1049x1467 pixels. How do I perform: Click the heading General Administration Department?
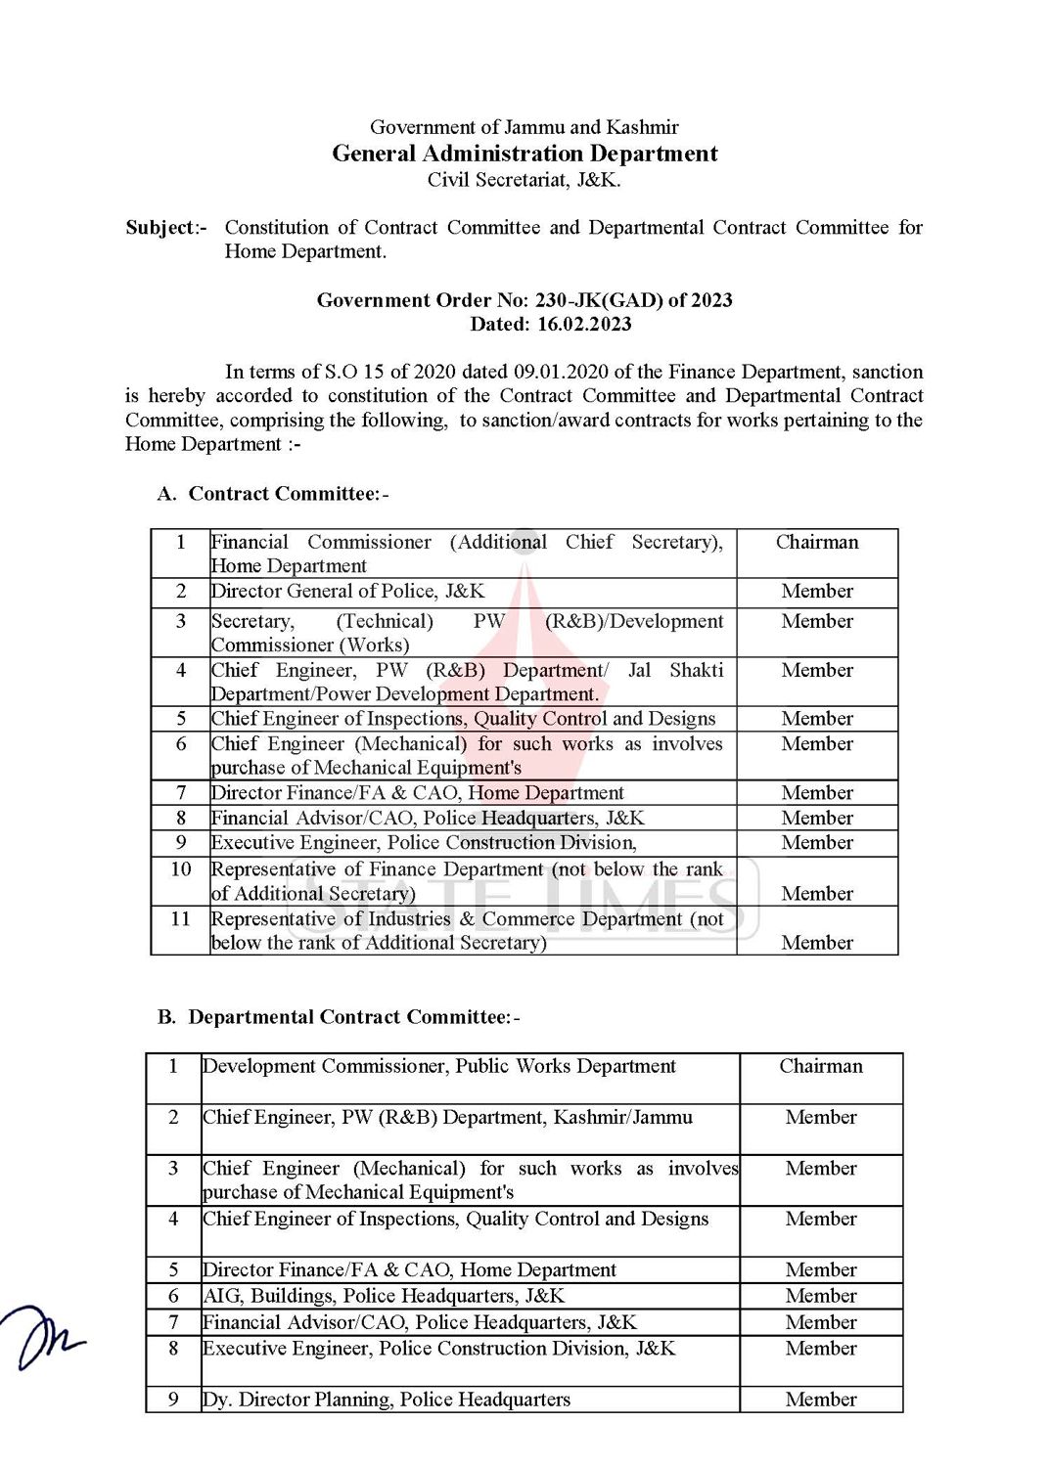pos(524,154)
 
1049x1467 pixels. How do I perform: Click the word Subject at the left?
pos(160,228)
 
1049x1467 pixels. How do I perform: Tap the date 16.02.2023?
pos(584,325)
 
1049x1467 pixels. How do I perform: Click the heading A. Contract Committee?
pos(273,494)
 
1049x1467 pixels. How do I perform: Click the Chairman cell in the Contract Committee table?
pos(817,543)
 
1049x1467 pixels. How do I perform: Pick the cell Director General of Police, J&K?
pos(347,592)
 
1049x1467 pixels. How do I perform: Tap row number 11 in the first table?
pos(180,919)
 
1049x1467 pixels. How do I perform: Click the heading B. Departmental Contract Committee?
pos(339,1018)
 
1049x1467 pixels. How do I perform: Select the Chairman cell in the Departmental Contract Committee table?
pos(821,1067)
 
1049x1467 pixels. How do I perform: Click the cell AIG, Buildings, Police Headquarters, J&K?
pos(384,1296)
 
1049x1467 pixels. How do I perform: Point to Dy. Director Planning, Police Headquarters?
pos(386,1400)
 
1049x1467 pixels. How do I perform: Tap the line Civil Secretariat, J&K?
pos(524,180)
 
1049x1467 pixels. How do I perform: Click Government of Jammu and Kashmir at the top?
pos(524,127)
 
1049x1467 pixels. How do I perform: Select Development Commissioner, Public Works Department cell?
pos(439,1067)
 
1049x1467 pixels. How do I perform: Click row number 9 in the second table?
pos(173,1400)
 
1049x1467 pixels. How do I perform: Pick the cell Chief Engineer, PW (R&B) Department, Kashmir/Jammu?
pos(447,1118)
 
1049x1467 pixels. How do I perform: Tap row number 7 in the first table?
pos(180,793)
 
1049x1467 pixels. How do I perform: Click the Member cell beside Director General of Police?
pos(817,592)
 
